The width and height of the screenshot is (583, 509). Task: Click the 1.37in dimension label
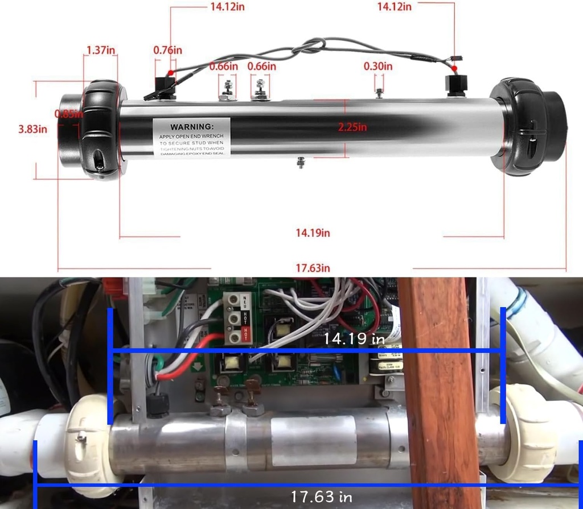pyautogui.click(x=101, y=50)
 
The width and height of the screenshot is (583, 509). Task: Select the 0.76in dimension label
pyautogui.click(x=168, y=50)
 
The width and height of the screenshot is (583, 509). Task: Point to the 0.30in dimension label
pyautogui.click(x=378, y=67)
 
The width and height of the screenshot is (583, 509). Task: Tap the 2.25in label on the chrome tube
pyautogui.click(x=352, y=127)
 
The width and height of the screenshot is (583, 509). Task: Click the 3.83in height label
pyautogui.click(x=33, y=129)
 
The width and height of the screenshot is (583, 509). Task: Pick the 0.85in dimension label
pyautogui.click(x=69, y=114)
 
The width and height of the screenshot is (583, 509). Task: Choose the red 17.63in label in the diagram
pyautogui.click(x=313, y=267)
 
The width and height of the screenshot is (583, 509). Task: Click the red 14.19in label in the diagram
pyautogui.click(x=313, y=233)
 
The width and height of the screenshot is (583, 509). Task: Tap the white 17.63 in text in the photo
pyautogui.click(x=321, y=496)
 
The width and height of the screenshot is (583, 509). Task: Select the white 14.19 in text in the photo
pyautogui.click(x=354, y=339)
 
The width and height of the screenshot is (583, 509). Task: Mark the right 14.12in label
pyautogui.click(x=394, y=7)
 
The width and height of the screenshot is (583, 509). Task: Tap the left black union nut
pyautogui.click(x=102, y=130)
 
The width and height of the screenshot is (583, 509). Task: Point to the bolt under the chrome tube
pyautogui.click(x=301, y=164)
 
